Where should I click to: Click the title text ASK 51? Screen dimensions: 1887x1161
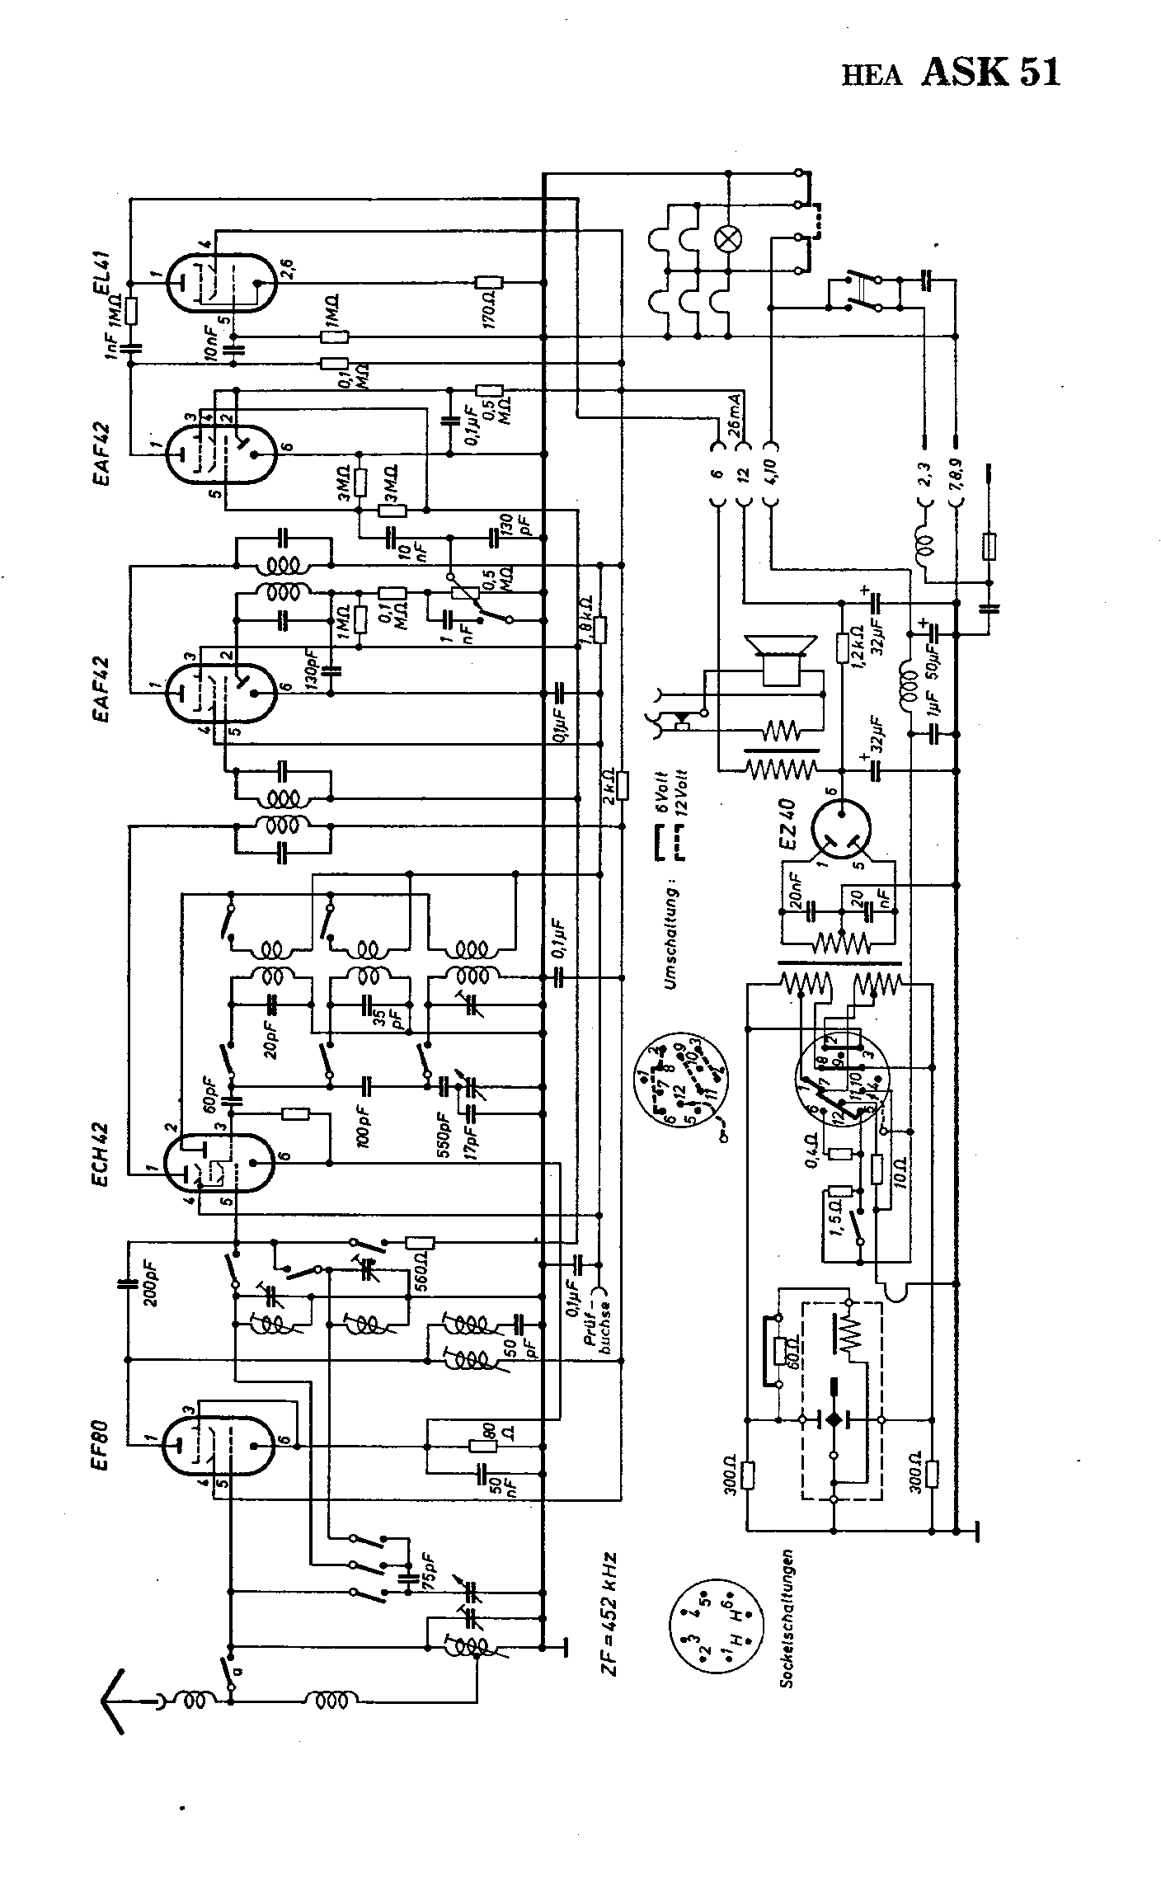[x=989, y=73]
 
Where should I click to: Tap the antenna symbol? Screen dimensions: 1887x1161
[x=116, y=1698]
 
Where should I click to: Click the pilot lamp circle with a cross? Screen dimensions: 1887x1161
[x=729, y=239]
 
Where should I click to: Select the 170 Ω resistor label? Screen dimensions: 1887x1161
[x=488, y=308]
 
